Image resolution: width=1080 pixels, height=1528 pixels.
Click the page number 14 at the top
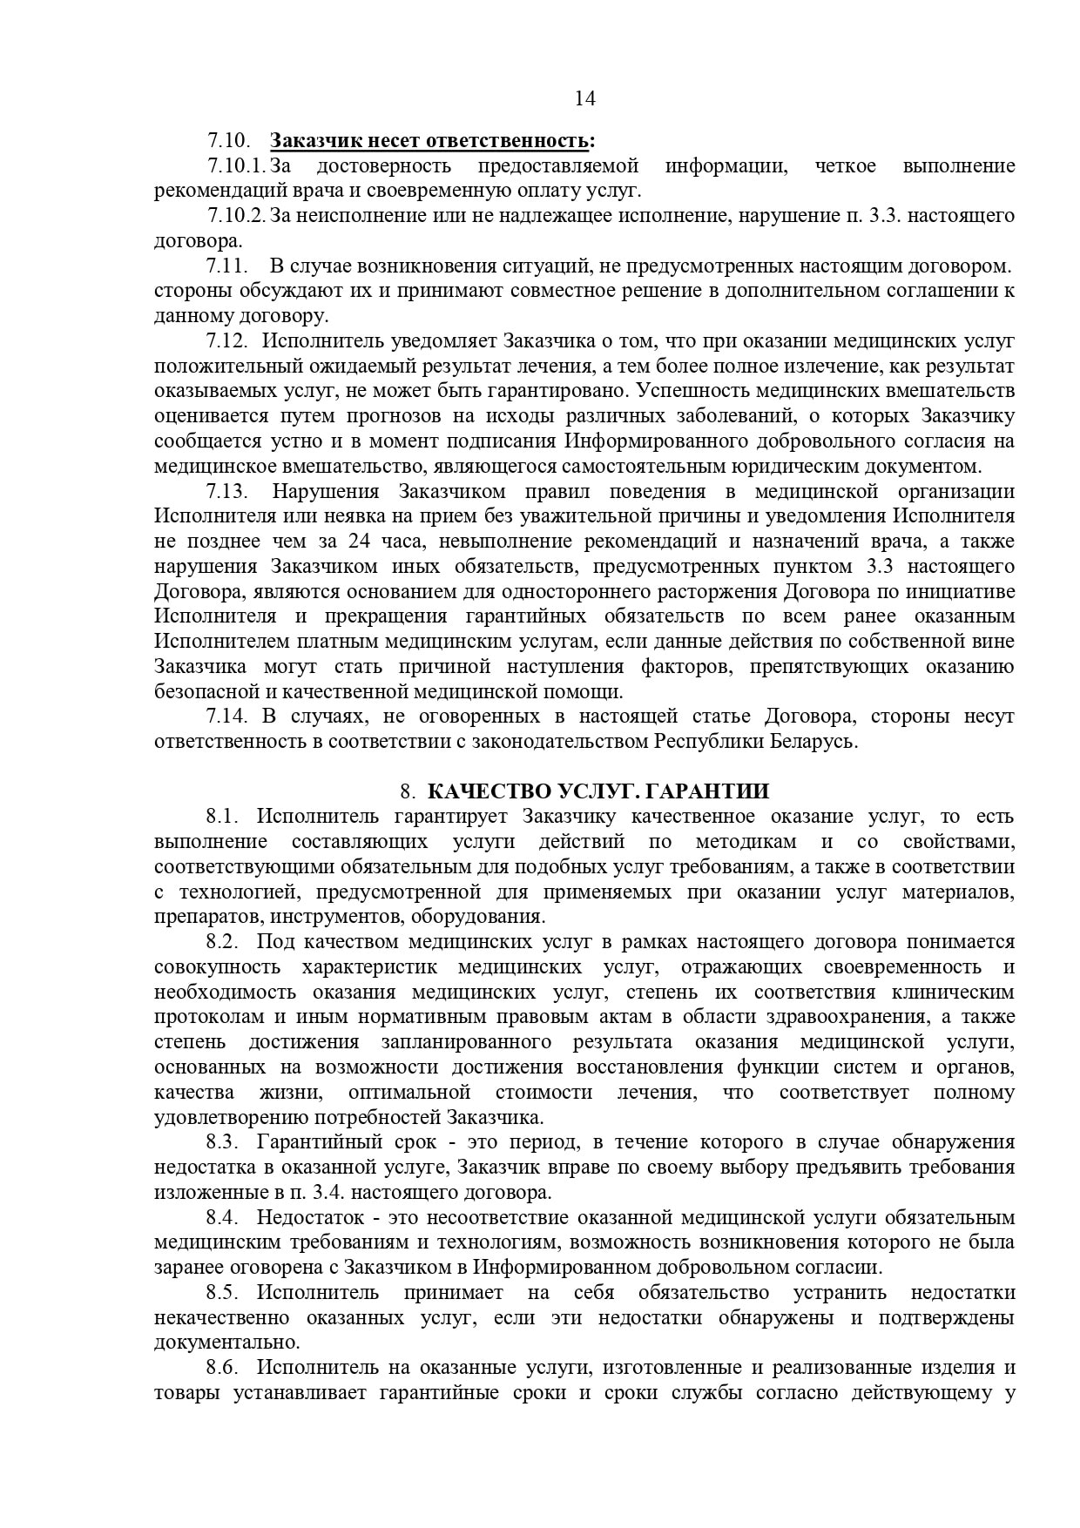point(585,98)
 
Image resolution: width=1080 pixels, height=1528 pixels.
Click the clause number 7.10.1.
point(235,165)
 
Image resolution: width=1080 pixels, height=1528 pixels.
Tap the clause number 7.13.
point(228,492)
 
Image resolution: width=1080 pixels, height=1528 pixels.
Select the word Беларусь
point(813,742)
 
